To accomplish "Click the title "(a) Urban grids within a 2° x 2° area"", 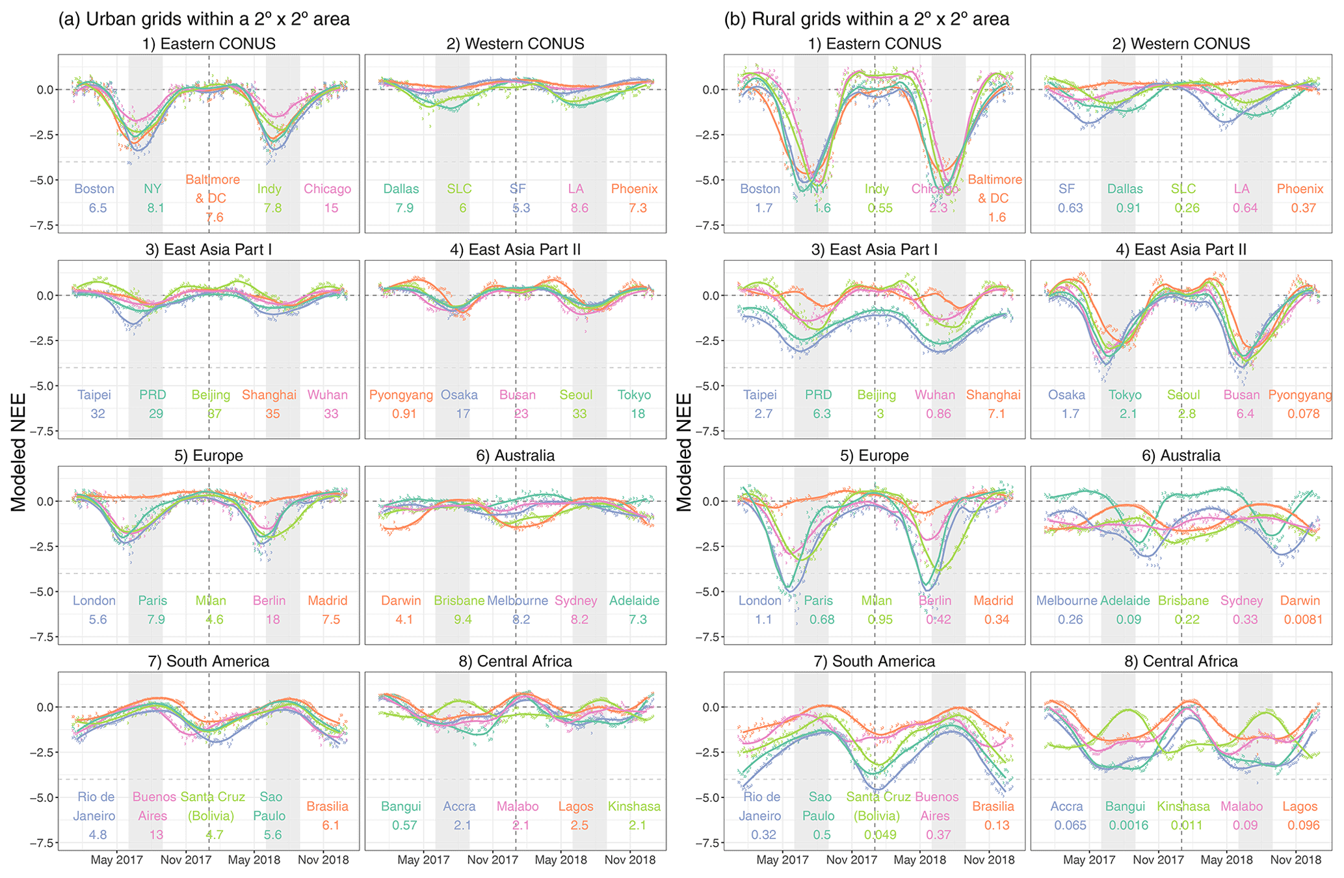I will tap(204, 19).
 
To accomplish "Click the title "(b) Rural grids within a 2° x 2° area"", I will tap(867, 19).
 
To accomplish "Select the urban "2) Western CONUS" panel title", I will tap(515, 44).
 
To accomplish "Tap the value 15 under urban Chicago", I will tap(331, 208).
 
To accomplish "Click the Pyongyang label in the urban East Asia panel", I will tap(401, 394).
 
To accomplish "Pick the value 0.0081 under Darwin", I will tap(1303, 619).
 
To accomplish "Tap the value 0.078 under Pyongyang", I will tap(1303, 413).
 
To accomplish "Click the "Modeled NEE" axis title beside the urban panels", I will tap(18, 452).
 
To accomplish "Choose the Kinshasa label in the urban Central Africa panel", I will tap(634, 807).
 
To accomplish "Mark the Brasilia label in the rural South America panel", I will tap(993, 807).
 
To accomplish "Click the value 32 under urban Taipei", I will tap(98, 413).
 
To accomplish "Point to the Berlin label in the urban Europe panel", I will tap(269, 600).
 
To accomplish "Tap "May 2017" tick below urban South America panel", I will tap(116, 860).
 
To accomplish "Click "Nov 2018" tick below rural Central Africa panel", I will tap(1296, 860).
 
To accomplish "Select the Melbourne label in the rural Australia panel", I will tap(1066, 600).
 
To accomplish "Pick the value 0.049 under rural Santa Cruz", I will tap(880, 834).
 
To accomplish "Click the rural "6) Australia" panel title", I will tap(1181, 456).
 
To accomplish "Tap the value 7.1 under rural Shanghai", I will tap(997, 413).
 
